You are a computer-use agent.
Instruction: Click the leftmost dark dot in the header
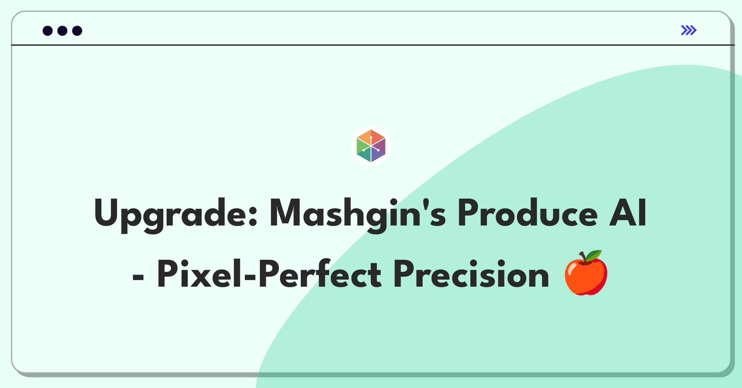(x=48, y=31)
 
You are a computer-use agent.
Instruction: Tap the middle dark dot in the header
(x=62, y=31)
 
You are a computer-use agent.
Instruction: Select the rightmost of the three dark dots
(x=77, y=31)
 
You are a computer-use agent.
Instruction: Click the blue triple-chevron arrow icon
(x=689, y=30)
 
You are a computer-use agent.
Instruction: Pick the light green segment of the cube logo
(x=361, y=146)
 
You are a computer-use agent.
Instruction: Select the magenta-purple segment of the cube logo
(x=382, y=146)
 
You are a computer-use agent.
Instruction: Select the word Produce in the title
(x=527, y=213)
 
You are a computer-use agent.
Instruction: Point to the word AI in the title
(x=628, y=213)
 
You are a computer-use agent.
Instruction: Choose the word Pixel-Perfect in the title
(x=269, y=274)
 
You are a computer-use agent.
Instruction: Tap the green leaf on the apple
(x=594, y=256)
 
